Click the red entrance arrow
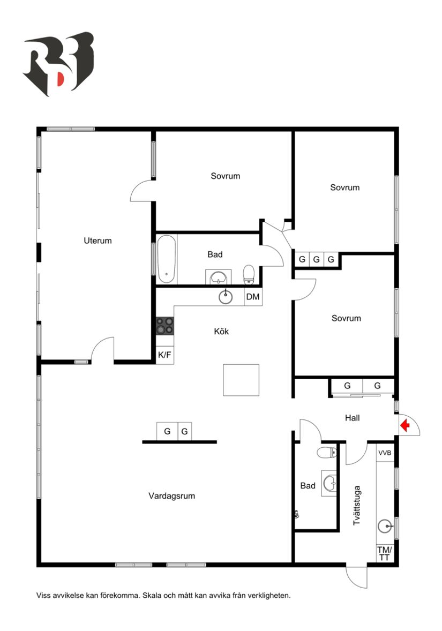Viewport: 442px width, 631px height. click(405, 425)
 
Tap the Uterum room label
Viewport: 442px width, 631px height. click(98, 241)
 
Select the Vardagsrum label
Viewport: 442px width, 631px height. click(171, 496)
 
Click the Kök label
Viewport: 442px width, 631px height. click(221, 332)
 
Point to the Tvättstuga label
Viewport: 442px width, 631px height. click(357, 505)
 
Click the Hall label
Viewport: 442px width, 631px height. click(352, 418)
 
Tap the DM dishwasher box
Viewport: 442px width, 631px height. click(253, 297)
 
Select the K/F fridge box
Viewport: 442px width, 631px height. click(164, 355)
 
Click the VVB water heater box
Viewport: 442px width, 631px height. click(385, 453)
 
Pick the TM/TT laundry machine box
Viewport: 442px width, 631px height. click(385, 553)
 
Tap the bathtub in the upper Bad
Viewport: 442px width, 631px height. click(166, 259)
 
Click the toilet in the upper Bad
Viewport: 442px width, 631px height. click(249, 275)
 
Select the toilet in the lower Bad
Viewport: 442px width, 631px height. click(326, 453)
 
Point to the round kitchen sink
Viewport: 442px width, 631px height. click(226, 296)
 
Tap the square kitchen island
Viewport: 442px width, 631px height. click(241, 380)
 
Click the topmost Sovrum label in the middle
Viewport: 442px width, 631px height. click(225, 176)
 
